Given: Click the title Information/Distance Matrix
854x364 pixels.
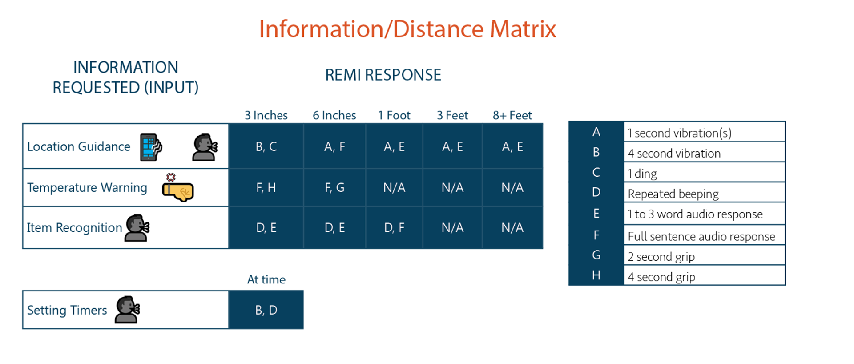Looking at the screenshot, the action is pos(407,29).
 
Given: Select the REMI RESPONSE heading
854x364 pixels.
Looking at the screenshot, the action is pos(383,75).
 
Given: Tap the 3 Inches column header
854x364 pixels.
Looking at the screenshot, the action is pos(266,115).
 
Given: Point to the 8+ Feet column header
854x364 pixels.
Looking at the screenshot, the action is pos(512,115).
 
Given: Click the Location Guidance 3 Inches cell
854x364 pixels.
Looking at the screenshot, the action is pos(266,146).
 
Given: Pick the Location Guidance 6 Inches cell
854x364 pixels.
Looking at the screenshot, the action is pos(334,146).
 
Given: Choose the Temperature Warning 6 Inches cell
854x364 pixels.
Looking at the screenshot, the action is pos(334,187).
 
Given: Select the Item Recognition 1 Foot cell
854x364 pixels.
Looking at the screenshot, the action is pos(394,227).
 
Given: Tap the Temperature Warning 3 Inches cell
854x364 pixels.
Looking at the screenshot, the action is pos(266,187).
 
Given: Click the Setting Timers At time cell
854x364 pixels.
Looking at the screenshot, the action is pos(266,310).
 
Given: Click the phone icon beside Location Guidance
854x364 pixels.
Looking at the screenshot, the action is pos(151,147).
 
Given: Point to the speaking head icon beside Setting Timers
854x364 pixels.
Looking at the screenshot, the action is pos(128,309).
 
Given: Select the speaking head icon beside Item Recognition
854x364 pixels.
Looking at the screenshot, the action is pos(137,228).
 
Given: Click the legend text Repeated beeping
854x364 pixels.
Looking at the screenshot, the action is pos(673,194).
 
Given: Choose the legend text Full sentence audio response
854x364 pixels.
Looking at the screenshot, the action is pos(701,236).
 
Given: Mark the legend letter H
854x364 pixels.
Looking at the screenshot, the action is pos(596,275).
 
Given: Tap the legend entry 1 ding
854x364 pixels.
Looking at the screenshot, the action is pos(642,174).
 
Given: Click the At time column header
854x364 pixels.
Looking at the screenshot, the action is pos(266,279).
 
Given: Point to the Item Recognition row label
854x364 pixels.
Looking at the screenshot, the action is pos(74,228).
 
